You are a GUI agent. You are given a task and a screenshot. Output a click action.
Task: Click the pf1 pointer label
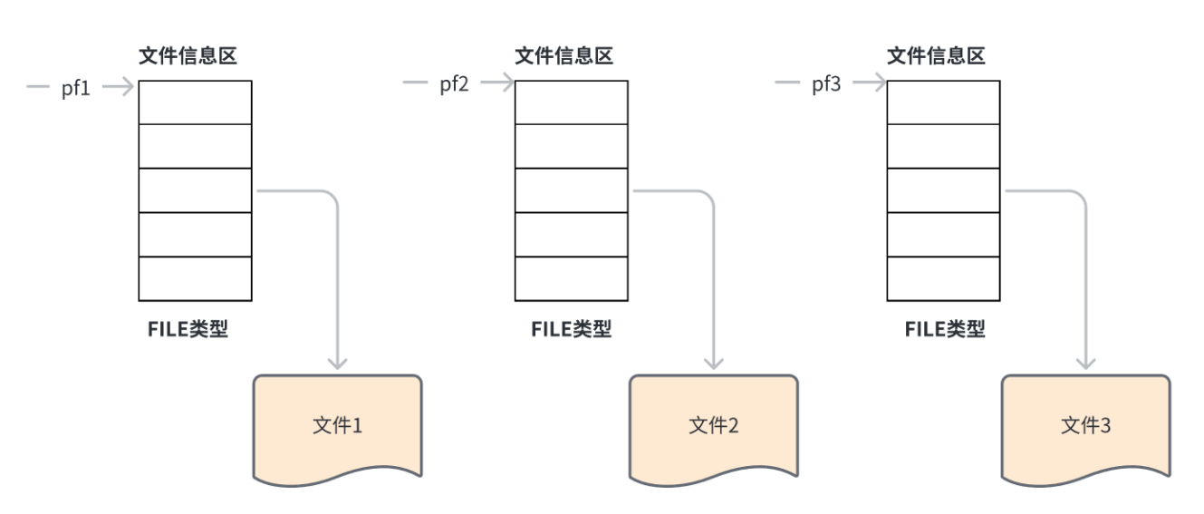(x=76, y=88)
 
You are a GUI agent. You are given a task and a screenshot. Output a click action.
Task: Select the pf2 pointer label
(x=454, y=84)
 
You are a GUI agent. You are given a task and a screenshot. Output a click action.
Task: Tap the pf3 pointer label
(x=826, y=84)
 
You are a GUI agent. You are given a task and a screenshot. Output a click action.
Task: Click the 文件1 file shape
(x=337, y=425)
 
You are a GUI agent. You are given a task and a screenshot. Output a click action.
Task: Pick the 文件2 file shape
(x=713, y=425)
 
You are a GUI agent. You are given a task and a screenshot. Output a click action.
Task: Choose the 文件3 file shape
(x=1085, y=425)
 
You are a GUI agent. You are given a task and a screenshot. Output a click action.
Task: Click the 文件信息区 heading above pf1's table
(x=188, y=56)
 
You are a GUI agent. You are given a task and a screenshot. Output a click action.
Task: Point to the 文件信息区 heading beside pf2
(x=563, y=56)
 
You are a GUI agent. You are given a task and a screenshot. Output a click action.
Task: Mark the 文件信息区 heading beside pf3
(x=936, y=56)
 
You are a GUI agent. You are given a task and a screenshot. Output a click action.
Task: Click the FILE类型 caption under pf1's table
(x=188, y=329)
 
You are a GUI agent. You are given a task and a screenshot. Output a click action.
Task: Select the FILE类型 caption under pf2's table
(x=571, y=329)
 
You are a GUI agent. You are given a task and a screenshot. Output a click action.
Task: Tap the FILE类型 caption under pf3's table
(x=944, y=329)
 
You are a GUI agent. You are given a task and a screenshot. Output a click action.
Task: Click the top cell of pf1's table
(x=195, y=102)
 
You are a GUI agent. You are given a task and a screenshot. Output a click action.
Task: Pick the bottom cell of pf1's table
(x=195, y=278)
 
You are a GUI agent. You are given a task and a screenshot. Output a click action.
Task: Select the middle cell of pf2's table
(x=571, y=190)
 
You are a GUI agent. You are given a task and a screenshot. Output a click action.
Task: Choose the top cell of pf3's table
(x=943, y=102)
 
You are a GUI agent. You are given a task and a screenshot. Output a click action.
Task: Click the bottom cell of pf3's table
(x=943, y=278)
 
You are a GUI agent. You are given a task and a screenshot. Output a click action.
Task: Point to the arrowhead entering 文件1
(x=337, y=363)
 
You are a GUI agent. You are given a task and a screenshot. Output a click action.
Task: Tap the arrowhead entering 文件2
(x=713, y=363)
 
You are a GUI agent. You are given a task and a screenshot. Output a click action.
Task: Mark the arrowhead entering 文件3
(x=1085, y=363)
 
